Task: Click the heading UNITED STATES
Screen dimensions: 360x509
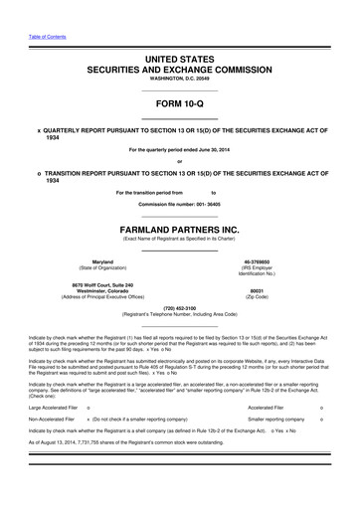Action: (179, 60)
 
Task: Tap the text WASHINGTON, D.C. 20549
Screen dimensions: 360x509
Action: (179, 83)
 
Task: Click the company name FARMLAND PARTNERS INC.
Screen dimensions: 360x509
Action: (179, 228)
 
